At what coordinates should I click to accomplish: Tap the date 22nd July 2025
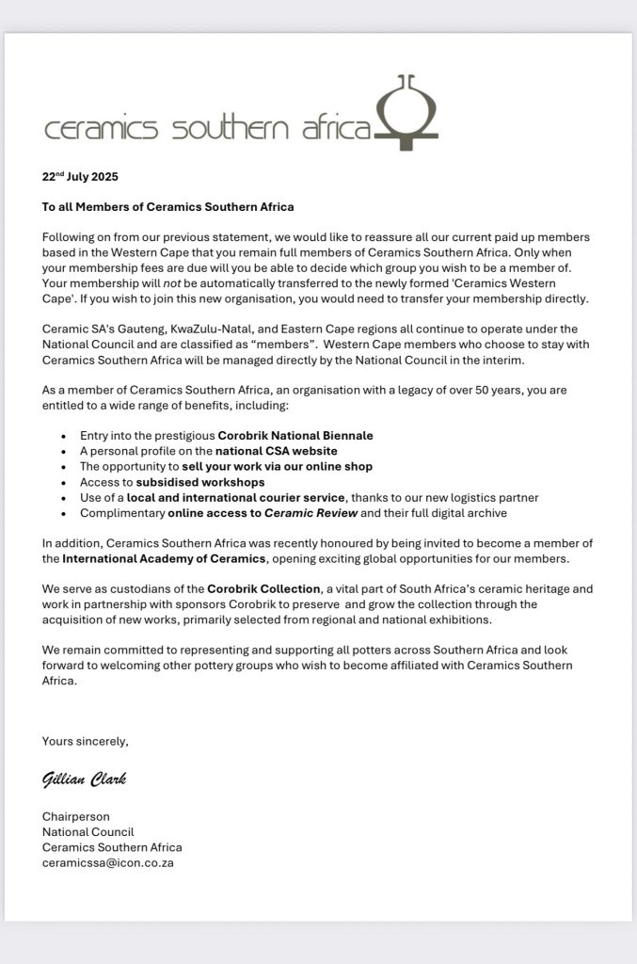point(80,176)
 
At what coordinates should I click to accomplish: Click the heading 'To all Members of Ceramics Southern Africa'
point(168,206)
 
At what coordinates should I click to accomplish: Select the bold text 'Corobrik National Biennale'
point(295,435)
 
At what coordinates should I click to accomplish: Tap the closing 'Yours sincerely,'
point(86,741)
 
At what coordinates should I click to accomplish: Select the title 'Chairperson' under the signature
point(76,816)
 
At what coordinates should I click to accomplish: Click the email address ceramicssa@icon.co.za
point(107,861)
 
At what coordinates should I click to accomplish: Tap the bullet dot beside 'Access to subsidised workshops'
point(63,482)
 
